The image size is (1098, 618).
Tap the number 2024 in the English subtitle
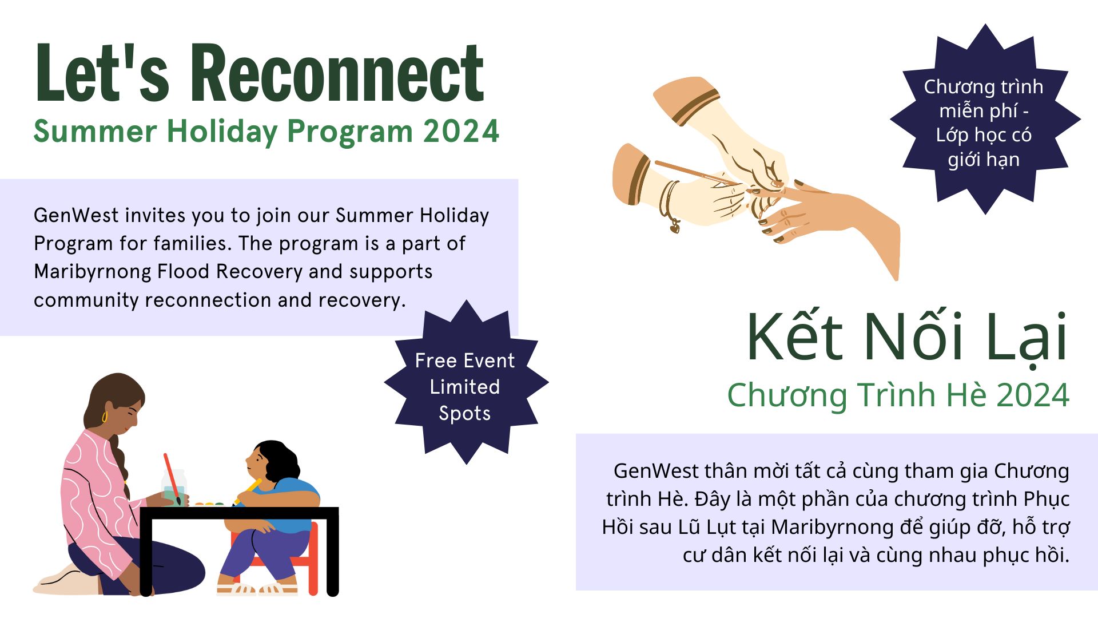point(461,132)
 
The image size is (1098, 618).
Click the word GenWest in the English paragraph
point(76,216)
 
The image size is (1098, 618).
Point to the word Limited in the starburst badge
point(464,387)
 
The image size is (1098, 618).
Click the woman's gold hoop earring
point(105,417)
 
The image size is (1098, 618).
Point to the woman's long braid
point(118,458)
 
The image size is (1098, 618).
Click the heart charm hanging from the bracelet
point(675,228)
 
